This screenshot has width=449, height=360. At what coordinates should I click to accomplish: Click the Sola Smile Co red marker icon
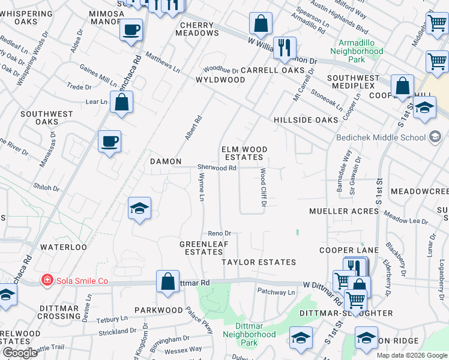click(x=46, y=280)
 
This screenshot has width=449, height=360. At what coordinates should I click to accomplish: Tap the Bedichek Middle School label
click(x=389, y=137)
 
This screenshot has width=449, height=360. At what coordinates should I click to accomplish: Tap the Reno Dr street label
click(x=219, y=233)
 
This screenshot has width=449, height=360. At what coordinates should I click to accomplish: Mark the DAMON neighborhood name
click(x=165, y=161)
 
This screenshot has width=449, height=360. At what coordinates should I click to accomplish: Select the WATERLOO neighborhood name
click(x=64, y=247)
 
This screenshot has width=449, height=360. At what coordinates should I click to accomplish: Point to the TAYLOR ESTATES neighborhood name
click(x=259, y=262)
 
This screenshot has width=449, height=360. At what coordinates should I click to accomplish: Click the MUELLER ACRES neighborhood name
click(x=345, y=211)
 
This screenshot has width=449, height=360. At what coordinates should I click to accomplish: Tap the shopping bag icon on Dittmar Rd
click(x=168, y=281)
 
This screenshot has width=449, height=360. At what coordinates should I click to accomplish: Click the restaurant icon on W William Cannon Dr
click(x=285, y=47)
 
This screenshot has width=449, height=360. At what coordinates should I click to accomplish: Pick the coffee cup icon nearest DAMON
click(x=110, y=142)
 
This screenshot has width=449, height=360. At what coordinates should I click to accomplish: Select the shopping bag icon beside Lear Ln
click(x=122, y=102)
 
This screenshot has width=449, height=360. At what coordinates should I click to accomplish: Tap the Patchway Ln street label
click(x=276, y=292)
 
